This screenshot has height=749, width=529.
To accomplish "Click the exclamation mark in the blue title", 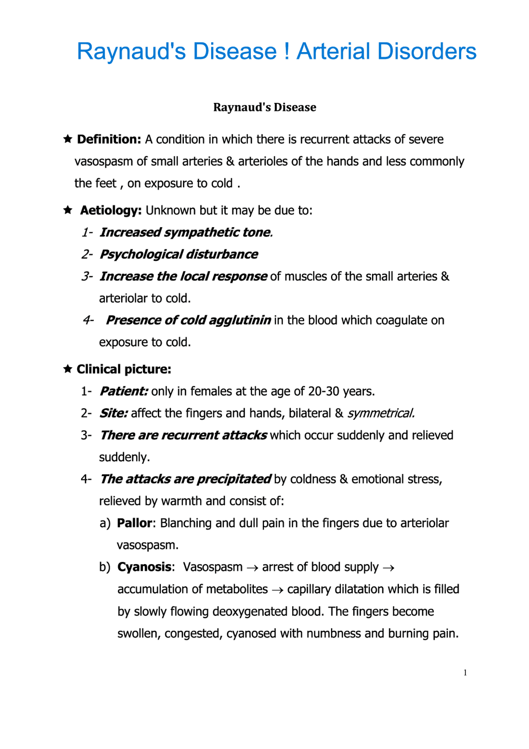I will coord(287,51).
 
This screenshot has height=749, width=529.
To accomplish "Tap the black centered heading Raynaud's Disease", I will coord(264,107).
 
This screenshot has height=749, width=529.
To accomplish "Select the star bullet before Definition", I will coord(68,139).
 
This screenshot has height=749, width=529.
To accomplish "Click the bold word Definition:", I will coord(109,139).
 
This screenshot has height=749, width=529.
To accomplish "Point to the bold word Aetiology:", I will coord(111,211).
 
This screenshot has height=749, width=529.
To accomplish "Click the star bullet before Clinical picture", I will coord(68,369).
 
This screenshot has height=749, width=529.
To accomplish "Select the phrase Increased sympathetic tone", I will coord(186,232).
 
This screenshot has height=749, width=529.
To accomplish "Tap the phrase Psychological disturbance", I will coord(179,254).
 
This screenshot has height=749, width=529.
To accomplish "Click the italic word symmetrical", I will coord(381,413).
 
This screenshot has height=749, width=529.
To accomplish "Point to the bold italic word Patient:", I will coord(124,391).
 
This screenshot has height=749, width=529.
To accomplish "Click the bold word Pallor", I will coord(135,523).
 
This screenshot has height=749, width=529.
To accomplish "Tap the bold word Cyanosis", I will coord(144,567).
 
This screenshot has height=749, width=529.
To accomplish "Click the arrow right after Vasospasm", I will coord(252,568).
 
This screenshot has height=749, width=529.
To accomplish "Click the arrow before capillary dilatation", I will coord(277,590).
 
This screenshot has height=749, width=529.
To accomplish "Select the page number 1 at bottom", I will coord(465,673).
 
